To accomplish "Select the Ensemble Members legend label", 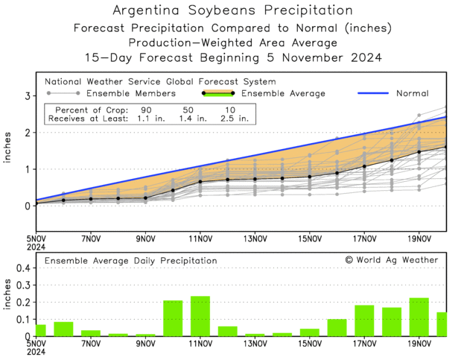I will coord(131,94).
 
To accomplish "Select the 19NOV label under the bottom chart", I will coord(419,344).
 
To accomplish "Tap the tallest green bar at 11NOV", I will coord(200,316).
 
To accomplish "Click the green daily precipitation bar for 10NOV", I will coord(173,318).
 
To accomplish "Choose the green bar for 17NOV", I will coord(364,320).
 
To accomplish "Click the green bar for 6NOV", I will coord(63,329).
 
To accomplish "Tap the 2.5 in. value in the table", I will coord(234,119).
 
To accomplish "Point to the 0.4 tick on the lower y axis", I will coord(22,268).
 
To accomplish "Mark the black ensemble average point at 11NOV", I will coord(200,182).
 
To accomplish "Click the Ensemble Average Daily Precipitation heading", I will coord(131,261).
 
